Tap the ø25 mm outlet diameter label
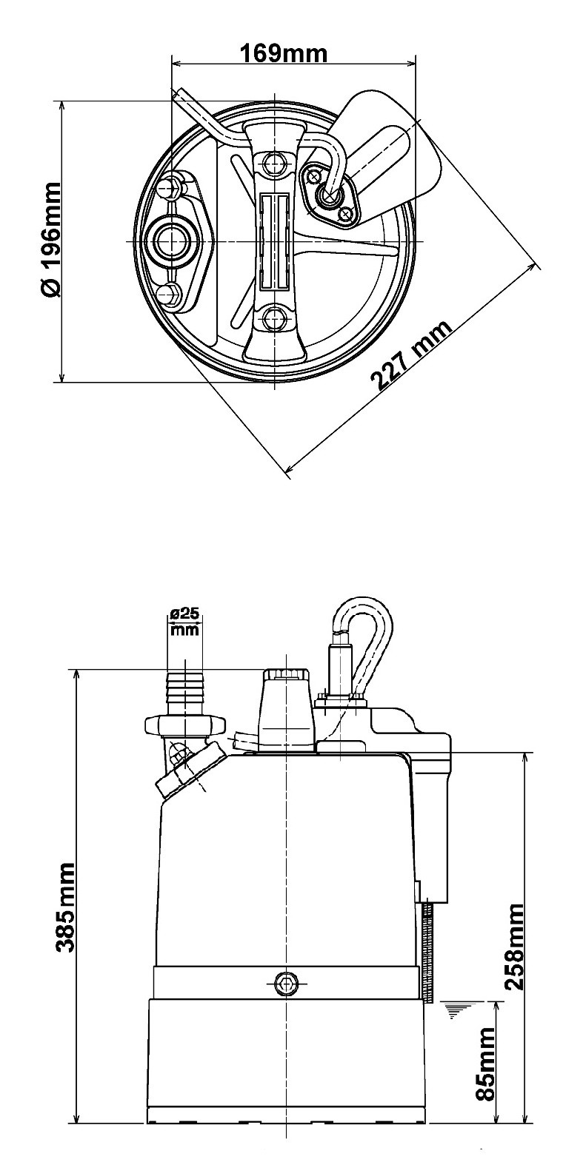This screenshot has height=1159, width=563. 185,622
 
